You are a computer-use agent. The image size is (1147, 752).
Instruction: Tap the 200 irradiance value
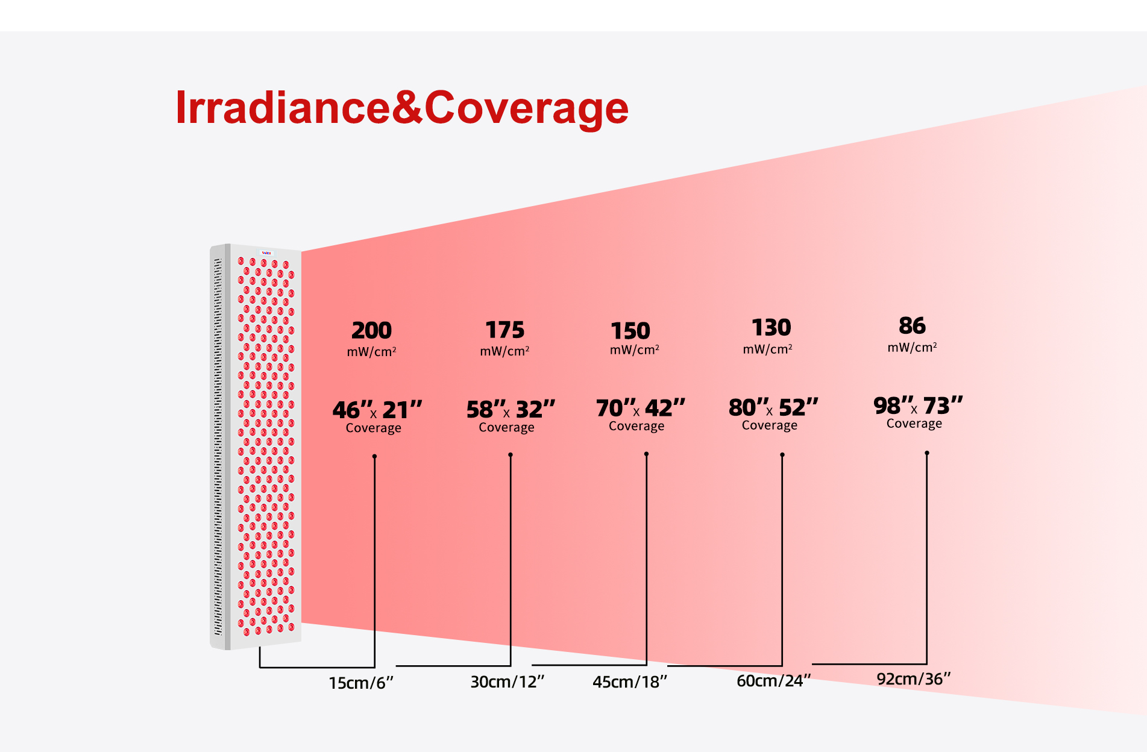[372, 330]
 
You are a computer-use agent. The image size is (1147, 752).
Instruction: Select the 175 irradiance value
[505, 330]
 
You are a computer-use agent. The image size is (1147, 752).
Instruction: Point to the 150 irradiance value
[630, 331]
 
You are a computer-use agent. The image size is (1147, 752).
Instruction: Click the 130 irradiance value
[771, 328]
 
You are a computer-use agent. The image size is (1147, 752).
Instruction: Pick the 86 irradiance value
[912, 326]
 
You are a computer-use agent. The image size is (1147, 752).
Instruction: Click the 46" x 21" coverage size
[377, 410]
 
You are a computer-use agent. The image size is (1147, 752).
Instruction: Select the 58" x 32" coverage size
[511, 409]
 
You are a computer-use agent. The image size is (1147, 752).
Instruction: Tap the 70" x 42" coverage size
[641, 408]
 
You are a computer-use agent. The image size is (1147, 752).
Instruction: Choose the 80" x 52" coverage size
[773, 407]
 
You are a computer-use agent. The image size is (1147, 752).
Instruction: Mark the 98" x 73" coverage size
[918, 406]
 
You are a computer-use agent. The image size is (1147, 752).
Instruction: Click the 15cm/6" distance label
[361, 683]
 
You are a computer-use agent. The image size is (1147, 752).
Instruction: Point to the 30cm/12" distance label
[508, 681]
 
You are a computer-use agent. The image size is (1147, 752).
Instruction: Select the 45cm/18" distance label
[630, 681]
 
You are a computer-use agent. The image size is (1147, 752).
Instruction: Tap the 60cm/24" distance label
[774, 680]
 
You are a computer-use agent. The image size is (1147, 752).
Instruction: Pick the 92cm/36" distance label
[914, 678]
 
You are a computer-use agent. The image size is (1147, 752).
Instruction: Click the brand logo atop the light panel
[266, 253]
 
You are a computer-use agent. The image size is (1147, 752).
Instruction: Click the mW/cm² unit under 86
[912, 348]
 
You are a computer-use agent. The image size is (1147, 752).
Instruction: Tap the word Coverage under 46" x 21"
[374, 428]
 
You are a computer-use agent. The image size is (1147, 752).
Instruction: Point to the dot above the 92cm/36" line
[927, 453]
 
